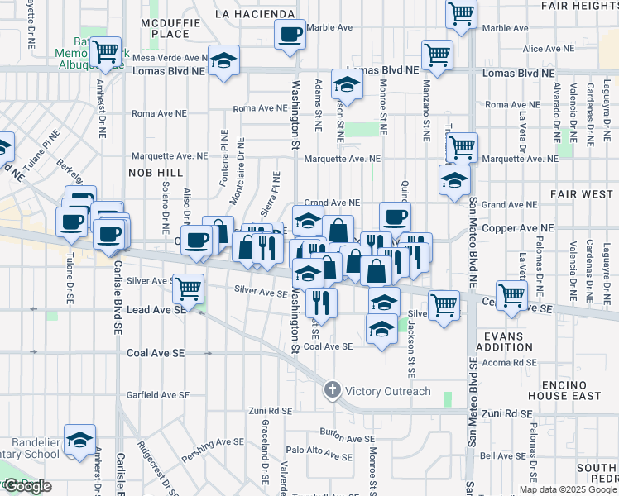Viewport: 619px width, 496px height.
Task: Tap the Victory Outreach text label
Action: (x=388, y=391)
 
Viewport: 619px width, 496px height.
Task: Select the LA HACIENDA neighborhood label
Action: (x=255, y=14)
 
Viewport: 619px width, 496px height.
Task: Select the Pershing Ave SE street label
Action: (x=209, y=443)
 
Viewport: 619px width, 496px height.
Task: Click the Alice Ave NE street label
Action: (x=549, y=50)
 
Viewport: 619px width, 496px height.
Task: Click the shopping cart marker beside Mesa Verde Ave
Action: (x=106, y=52)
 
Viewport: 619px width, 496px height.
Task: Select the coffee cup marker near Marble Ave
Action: (x=290, y=36)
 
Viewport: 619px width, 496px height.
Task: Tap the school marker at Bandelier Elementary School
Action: (x=79, y=441)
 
